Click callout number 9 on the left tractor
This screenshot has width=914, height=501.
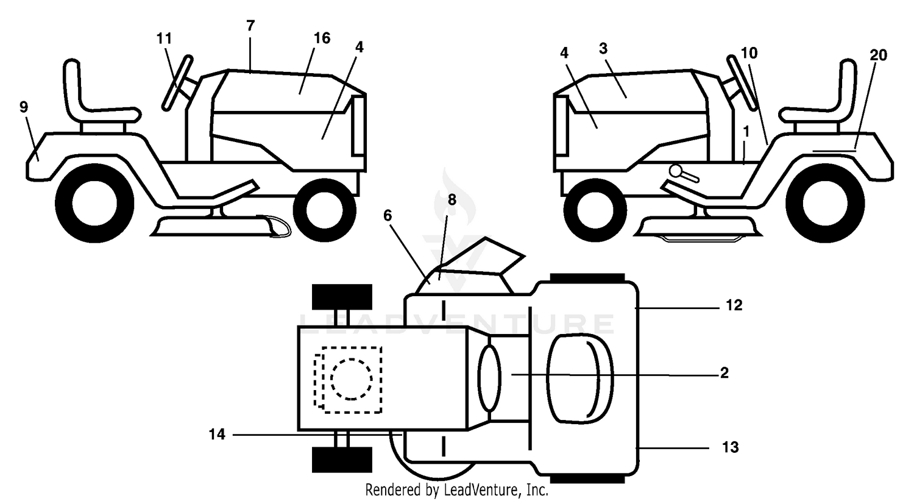24,107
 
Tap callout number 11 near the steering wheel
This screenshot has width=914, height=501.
165,39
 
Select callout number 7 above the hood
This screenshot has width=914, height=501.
250,26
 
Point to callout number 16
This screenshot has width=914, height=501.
322,38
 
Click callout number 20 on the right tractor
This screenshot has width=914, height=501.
878,55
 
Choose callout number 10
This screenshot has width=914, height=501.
749,53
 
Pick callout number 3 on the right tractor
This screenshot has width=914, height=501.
603,49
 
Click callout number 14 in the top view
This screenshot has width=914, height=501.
217,435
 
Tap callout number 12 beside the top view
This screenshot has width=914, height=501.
734,305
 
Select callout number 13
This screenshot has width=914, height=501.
731,447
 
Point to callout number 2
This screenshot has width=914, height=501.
724,373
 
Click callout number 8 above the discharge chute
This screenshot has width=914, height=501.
452,200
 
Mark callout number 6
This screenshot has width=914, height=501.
388,216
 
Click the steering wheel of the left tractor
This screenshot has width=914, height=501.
177,83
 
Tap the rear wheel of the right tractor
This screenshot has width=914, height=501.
825,203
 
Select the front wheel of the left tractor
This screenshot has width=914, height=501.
324,210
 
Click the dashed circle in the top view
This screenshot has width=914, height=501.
352,380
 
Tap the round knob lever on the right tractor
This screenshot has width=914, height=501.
684,174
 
